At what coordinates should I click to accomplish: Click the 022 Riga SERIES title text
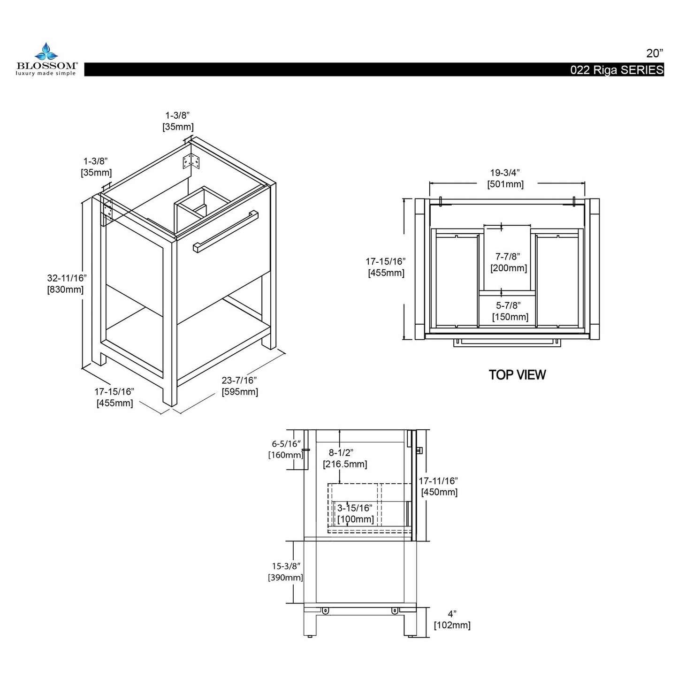coord(617,70)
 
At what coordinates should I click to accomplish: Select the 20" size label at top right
coord(655,53)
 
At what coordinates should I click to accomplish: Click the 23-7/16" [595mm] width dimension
coord(240,386)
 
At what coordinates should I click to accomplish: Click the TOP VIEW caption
coord(517,374)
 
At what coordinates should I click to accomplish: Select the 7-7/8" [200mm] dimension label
coord(509,262)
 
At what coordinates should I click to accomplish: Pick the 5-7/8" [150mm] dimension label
coord(510,311)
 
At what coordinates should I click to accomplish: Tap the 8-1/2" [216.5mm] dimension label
coord(345,458)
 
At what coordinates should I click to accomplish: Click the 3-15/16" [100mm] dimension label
coord(355,513)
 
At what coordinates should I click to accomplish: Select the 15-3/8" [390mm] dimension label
coord(285,572)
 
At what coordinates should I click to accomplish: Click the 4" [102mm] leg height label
coord(452,619)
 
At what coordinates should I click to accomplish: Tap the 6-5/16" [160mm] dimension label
coord(286,449)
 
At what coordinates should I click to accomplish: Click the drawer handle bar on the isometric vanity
coord(225,231)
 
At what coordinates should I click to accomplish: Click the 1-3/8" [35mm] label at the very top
coord(178,121)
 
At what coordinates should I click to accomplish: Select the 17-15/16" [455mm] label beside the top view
coord(386,267)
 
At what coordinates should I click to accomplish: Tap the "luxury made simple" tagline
coord(46,73)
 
